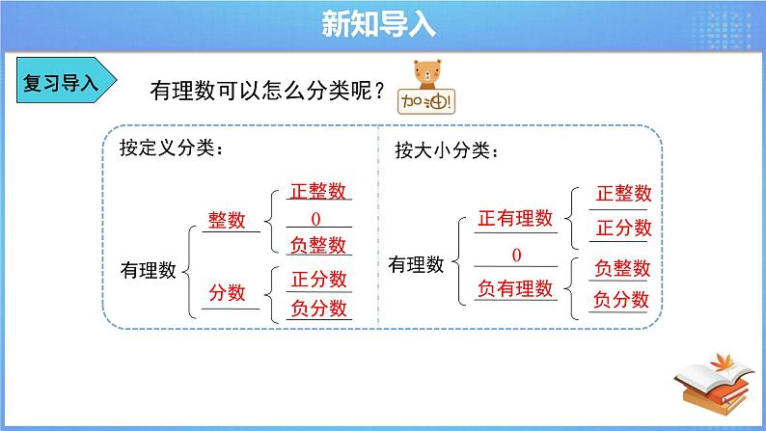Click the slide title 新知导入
(378, 24)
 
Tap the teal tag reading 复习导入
(67, 80)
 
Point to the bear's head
(427, 72)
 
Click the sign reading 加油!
(426, 101)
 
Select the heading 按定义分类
(171, 148)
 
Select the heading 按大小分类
(447, 149)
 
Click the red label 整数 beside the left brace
(227, 220)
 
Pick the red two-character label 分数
(227, 293)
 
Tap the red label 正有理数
(515, 218)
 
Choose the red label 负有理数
(515, 288)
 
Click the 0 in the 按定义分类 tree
(316, 219)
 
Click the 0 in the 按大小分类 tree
(516, 255)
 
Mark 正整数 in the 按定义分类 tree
(318, 191)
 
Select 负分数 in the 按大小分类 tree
(621, 299)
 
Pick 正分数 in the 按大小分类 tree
(624, 228)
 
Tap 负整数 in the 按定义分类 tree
(318, 245)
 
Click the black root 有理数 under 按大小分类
(416, 264)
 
